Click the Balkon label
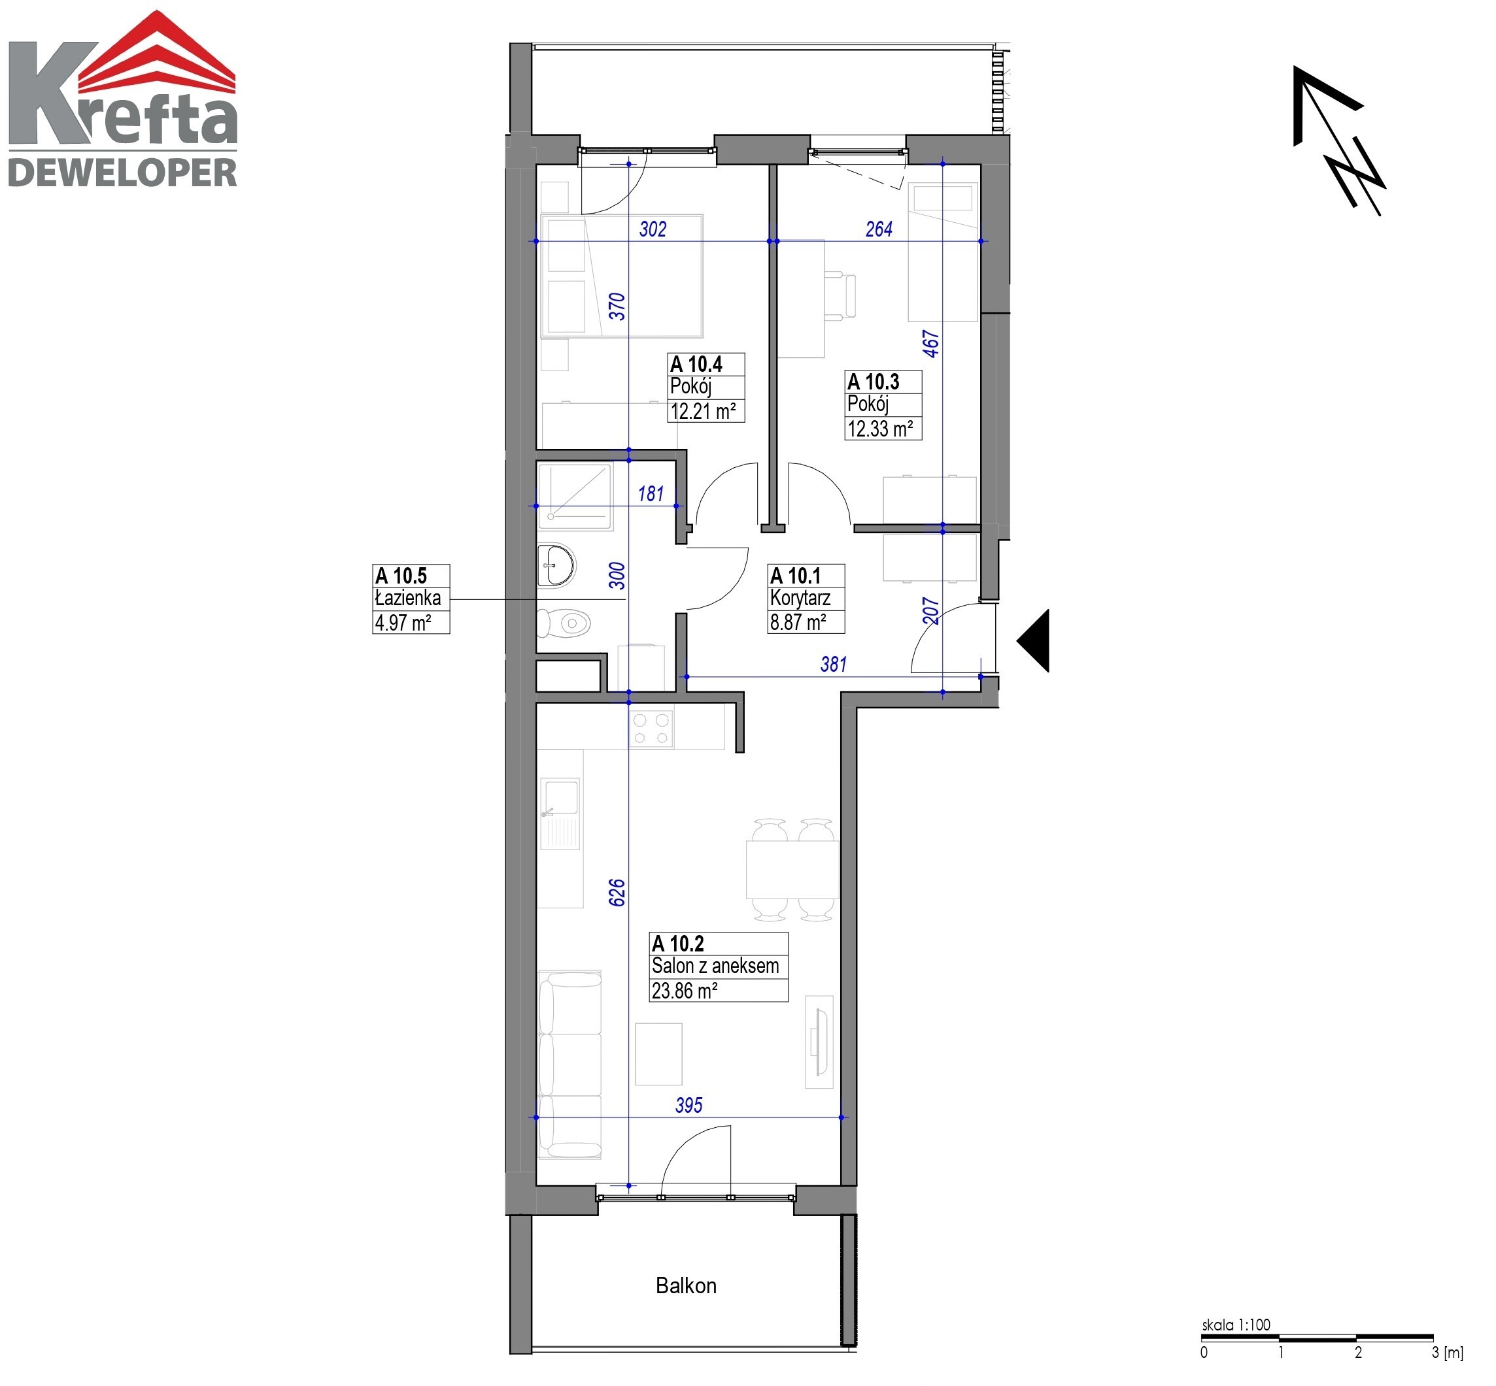click(x=686, y=1285)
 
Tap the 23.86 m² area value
click(x=684, y=991)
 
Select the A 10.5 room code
click(x=401, y=575)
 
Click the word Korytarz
click(x=800, y=599)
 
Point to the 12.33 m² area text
click(x=880, y=429)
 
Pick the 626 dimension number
click(x=617, y=893)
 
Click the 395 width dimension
click(x=688, y=1105)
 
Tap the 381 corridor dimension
click(x=834, y=664)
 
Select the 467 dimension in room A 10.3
click(x=930, y=344)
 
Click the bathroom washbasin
click(x=556, y=565)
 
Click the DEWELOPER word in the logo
click(x=122, y=173)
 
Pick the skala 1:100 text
click(x=1236, y=1325)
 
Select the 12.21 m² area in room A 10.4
click(x=703, y=411)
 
